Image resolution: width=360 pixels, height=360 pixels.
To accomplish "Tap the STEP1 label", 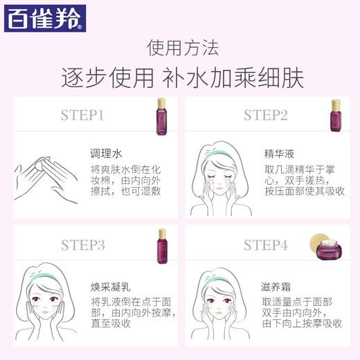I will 82,114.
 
